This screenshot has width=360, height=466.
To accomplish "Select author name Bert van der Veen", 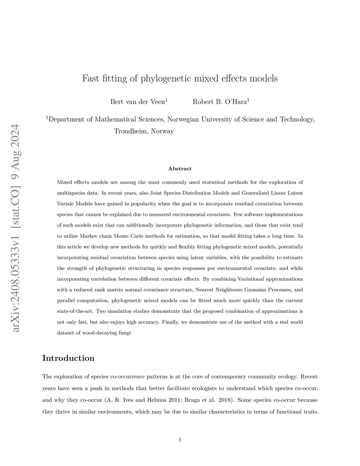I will (x=137, y=102).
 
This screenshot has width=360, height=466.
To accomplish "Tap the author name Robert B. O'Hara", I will (x=220, y=102).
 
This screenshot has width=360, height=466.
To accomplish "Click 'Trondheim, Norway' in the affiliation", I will (x=144, y=131).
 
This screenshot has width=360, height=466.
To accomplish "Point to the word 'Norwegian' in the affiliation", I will (x=183, y=120).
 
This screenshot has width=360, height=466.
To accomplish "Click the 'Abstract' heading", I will (x=180, y=169).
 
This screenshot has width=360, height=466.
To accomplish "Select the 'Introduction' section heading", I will (x=68, y=358).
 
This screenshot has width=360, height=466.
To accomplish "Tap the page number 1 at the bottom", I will (x=180, y=439).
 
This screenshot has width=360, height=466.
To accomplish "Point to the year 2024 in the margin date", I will (x=15, y=138).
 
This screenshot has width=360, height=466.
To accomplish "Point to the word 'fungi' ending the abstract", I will (x=125, y=333).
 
